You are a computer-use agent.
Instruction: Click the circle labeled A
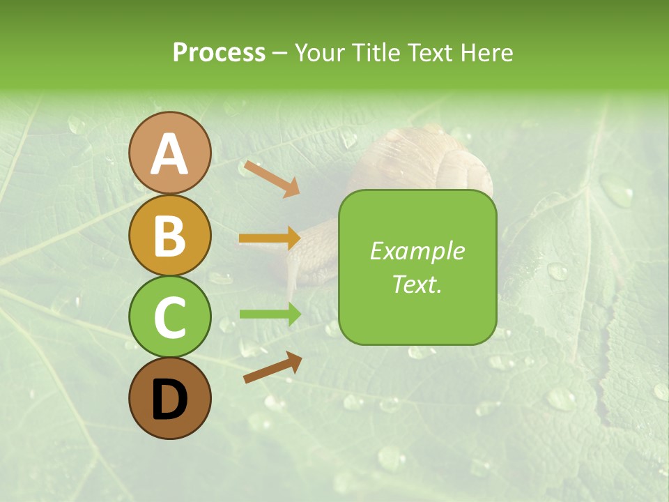[x=170, y=153]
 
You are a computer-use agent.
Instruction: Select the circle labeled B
[x=170, y=235]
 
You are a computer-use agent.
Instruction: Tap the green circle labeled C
[x=170, y=317]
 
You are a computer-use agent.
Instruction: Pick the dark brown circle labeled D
[x=170, y=398]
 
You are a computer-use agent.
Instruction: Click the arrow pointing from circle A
[x=271, y=178]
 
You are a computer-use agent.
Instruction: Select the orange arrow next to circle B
[x=270, y=238]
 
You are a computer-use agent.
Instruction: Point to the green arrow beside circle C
[x=270, y=314]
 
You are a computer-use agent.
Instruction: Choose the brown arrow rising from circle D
[x=272, y=367]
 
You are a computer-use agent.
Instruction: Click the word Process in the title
[x=219, y=52]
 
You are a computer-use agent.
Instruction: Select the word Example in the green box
[x=417, y=251]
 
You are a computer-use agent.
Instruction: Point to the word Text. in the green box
[x=417, y=284]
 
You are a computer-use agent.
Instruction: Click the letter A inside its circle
[x=170, y=154]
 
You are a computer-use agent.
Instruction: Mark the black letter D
[x=170, y=400]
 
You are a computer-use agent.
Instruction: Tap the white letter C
[x=170, y=318]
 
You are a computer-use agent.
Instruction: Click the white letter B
[x=170, y=236]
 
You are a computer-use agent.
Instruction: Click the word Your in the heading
[x=319, y=52]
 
